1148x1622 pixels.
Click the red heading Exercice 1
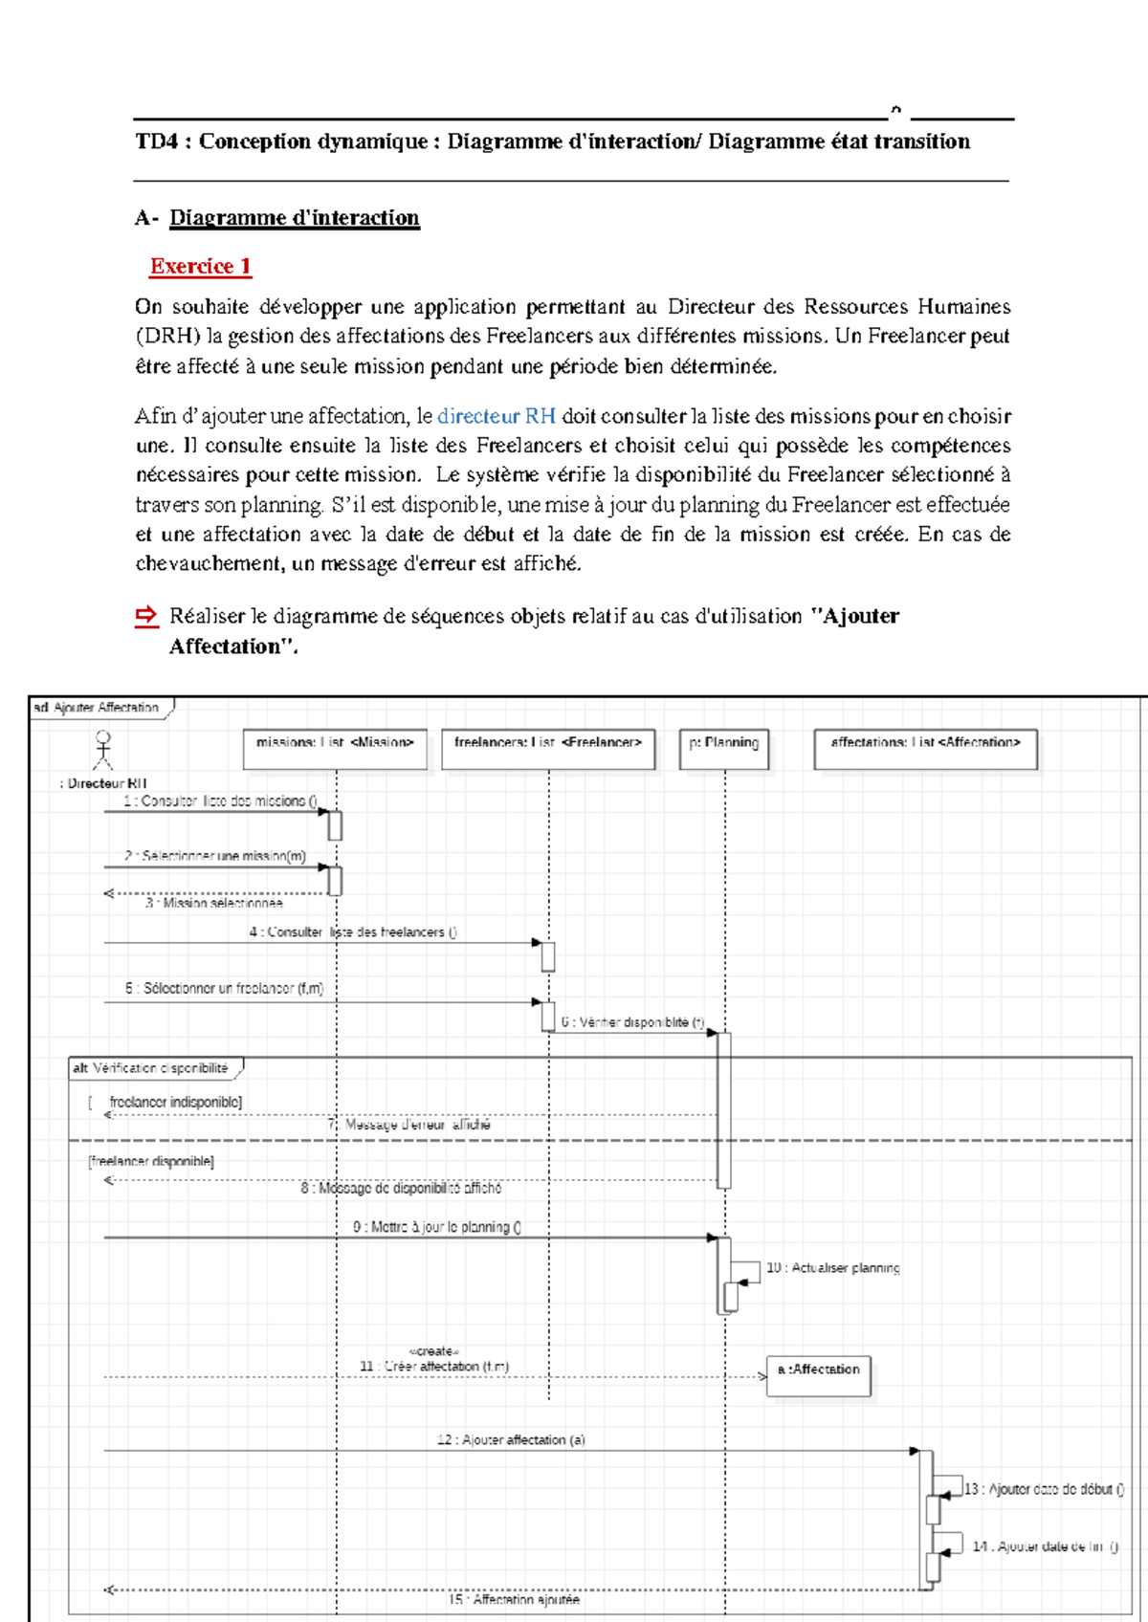point(200,266)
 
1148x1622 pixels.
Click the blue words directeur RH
point(496,416)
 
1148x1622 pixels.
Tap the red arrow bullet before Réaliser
point(145,616)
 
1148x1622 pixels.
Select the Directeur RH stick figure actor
point(103,750)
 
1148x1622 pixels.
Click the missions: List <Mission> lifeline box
point(335,749)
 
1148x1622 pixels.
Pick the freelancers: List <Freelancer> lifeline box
point(548,749)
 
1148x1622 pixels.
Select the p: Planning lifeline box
point(724,749)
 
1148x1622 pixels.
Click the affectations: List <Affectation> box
point(925,749)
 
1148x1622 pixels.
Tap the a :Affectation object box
point(819,1375)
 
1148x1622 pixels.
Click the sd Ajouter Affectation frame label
point(98,708)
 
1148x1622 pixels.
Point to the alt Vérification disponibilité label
point(152,1068)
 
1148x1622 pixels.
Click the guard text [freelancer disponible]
point(151,1161)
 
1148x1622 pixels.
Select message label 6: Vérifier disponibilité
point(632,1022)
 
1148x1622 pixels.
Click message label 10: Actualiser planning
point(833,1267)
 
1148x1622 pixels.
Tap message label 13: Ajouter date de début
point(1044,1489)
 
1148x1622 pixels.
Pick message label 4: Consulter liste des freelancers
point(353,932)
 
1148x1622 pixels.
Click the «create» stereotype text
point(434,1351)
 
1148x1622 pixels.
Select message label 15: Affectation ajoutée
point(515,1599)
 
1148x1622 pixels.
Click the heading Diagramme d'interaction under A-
point(295,218)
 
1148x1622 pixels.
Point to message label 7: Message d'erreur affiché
point(409,1125)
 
